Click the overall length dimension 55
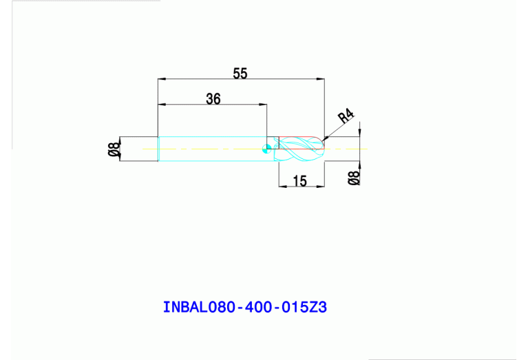coord(240,74)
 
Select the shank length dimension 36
coord(213,99)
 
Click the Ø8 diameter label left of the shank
coord(114,149)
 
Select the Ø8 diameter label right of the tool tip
coord(354,178)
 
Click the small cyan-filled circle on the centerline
coord(267,147)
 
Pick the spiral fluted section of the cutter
coord(296,148)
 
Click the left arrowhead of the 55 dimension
coord(161,79)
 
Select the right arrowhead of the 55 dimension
coord(321,79)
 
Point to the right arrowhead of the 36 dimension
coord(264,105)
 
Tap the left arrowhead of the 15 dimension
coord(281,187)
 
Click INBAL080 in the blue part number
coord(196,307)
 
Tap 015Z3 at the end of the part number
coord(303,307)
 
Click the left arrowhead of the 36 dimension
coord(161,105)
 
